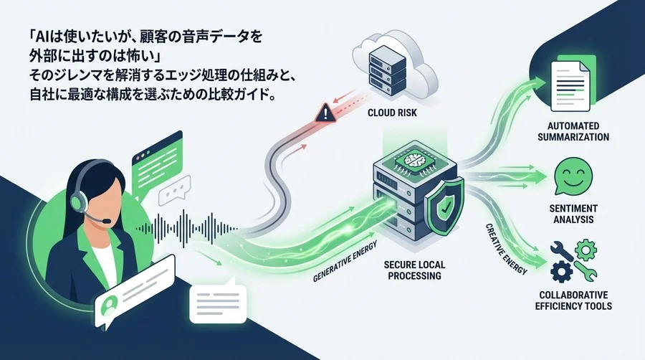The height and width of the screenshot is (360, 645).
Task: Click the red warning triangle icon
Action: coord(325,113)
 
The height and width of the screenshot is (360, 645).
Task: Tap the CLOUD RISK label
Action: coord(392,113)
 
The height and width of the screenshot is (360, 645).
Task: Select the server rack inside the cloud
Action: coord(388,70)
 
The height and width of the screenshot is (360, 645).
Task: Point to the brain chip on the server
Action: coord(415,161)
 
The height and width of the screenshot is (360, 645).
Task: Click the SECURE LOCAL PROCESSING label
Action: coord(414,270)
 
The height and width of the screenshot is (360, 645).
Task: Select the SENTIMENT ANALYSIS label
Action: coord(573,214)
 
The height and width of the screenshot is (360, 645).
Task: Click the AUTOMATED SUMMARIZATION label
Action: coord(573,131)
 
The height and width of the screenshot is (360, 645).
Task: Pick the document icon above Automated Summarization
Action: coord(572,85)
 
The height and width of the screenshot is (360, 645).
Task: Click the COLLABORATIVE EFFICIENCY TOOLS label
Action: coord(573,300)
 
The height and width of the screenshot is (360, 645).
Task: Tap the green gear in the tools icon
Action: coord(586,250)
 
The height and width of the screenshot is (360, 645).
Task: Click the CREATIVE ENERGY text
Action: coord(507,249)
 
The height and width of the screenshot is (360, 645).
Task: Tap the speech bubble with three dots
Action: coord(175,191)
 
